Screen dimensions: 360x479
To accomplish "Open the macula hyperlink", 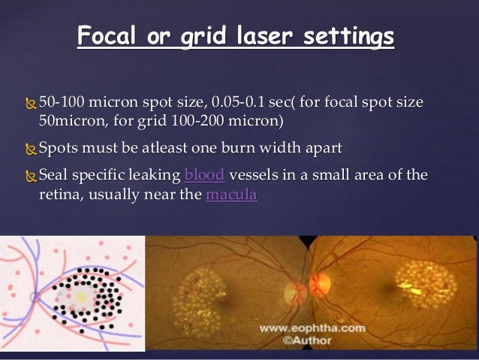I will pos(231,195).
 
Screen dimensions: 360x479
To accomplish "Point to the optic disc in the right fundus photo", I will pos(320,285).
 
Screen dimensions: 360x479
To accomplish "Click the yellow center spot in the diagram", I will pos(80,298).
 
